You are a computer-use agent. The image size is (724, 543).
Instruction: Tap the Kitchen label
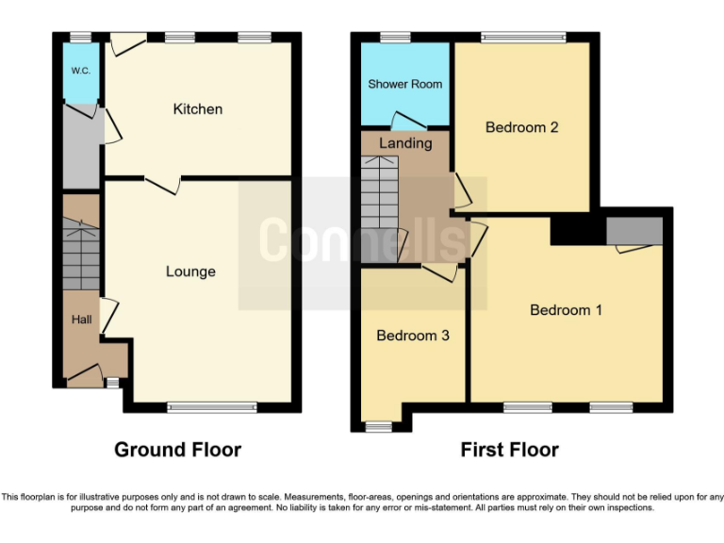198,109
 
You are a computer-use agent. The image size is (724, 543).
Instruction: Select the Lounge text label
190,271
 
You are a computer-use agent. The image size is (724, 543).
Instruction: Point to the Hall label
81,321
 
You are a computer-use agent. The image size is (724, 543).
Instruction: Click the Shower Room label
404,84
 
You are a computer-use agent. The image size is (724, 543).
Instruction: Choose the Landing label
405,143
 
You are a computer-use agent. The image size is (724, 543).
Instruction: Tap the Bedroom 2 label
522,127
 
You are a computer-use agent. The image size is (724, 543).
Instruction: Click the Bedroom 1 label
566,310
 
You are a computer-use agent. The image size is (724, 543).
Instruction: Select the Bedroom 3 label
413,336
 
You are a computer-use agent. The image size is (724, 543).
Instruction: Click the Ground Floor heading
177,450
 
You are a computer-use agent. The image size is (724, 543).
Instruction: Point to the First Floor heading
509,450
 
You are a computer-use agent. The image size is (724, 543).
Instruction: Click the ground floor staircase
81,255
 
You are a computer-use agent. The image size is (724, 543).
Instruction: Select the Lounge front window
212,408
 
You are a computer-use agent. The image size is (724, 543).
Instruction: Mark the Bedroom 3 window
378,426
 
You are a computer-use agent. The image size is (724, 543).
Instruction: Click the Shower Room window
395,39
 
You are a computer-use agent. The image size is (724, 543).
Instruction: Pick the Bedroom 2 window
523,39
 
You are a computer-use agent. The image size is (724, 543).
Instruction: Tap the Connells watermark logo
363,241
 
